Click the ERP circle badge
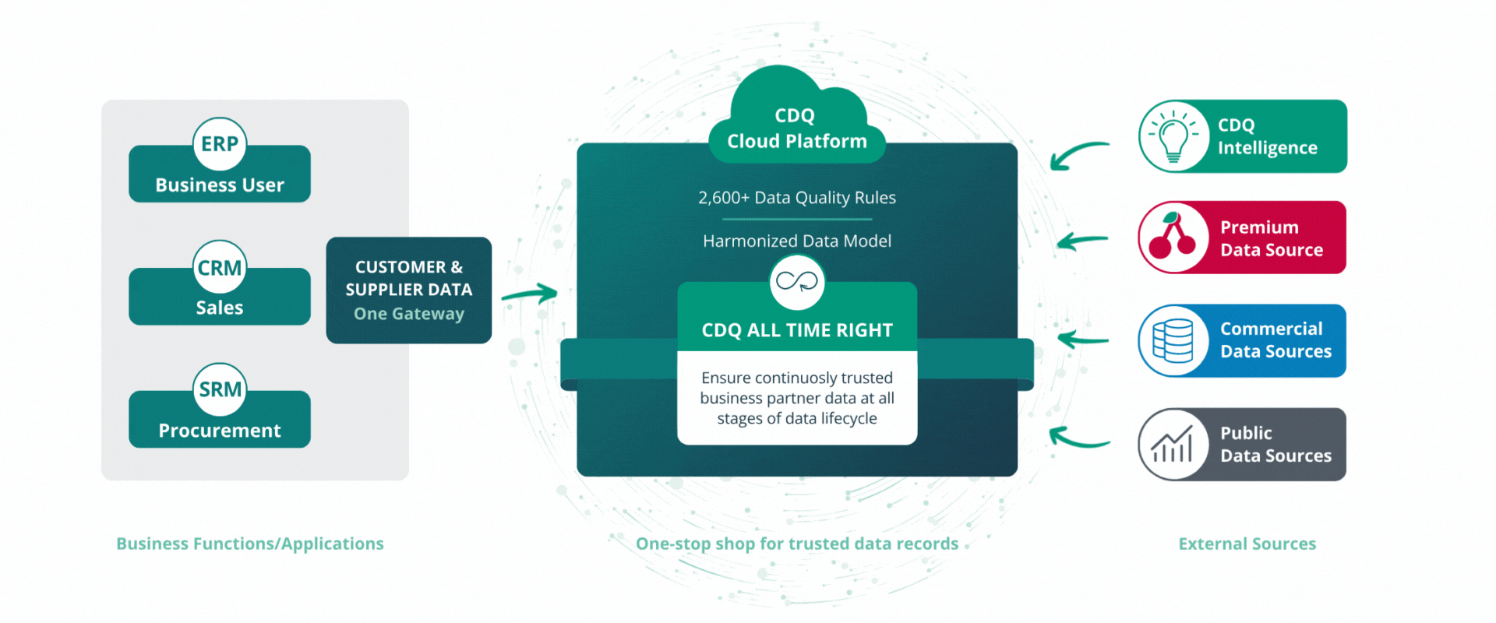click(220, 144)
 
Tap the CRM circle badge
click(220, 267)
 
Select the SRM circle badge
click(220, 389)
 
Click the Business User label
click(220, 185)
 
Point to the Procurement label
click(220, 431)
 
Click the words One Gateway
click(409, 314)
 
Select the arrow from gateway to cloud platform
click(529, 294)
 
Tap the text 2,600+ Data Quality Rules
click(797, 198)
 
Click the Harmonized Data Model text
click(797, 241)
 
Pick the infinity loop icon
click(797, 281)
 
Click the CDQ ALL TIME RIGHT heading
click(797, 330)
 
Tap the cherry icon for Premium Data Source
click(1173, 238)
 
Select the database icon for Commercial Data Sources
click(1173, 341)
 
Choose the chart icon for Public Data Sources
click(1173, 445)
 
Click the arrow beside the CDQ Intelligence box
click(1078, 154)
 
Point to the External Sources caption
click(1247, 544)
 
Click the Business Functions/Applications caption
click(250, 544)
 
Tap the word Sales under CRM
click(220, 308)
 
